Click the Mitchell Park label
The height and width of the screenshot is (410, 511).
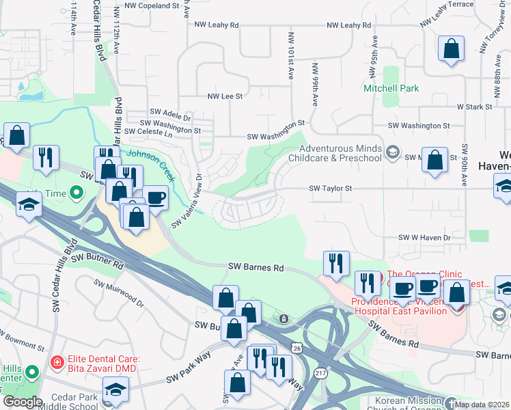391,88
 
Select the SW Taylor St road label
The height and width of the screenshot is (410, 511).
330,188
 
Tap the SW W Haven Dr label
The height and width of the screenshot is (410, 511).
425,237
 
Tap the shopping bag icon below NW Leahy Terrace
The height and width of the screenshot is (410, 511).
451,49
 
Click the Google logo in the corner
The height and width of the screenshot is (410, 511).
22,402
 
